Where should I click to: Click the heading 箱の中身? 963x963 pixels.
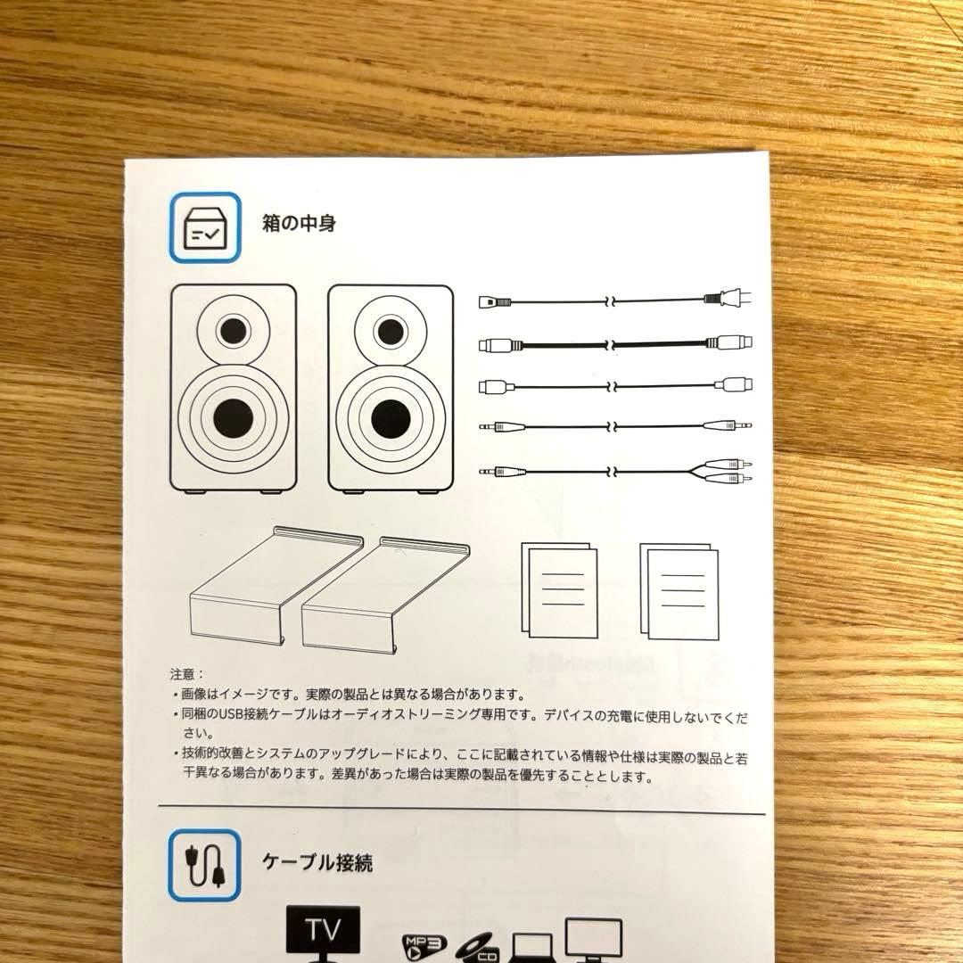[x=299, y=224]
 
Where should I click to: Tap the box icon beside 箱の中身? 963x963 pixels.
[x=204, y=227]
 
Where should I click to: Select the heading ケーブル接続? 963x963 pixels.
[x=317, y=862]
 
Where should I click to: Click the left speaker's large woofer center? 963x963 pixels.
[x=232, y=416]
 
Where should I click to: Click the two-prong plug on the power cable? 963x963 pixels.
[x=727, y=300]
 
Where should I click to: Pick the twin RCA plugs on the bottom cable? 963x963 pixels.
[x=731, y=473]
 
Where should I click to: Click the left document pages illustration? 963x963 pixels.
[x=559, y=589]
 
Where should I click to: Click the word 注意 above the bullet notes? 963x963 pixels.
[x=186, y=674]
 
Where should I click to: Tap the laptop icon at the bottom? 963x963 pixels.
[x=532, y=948]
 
